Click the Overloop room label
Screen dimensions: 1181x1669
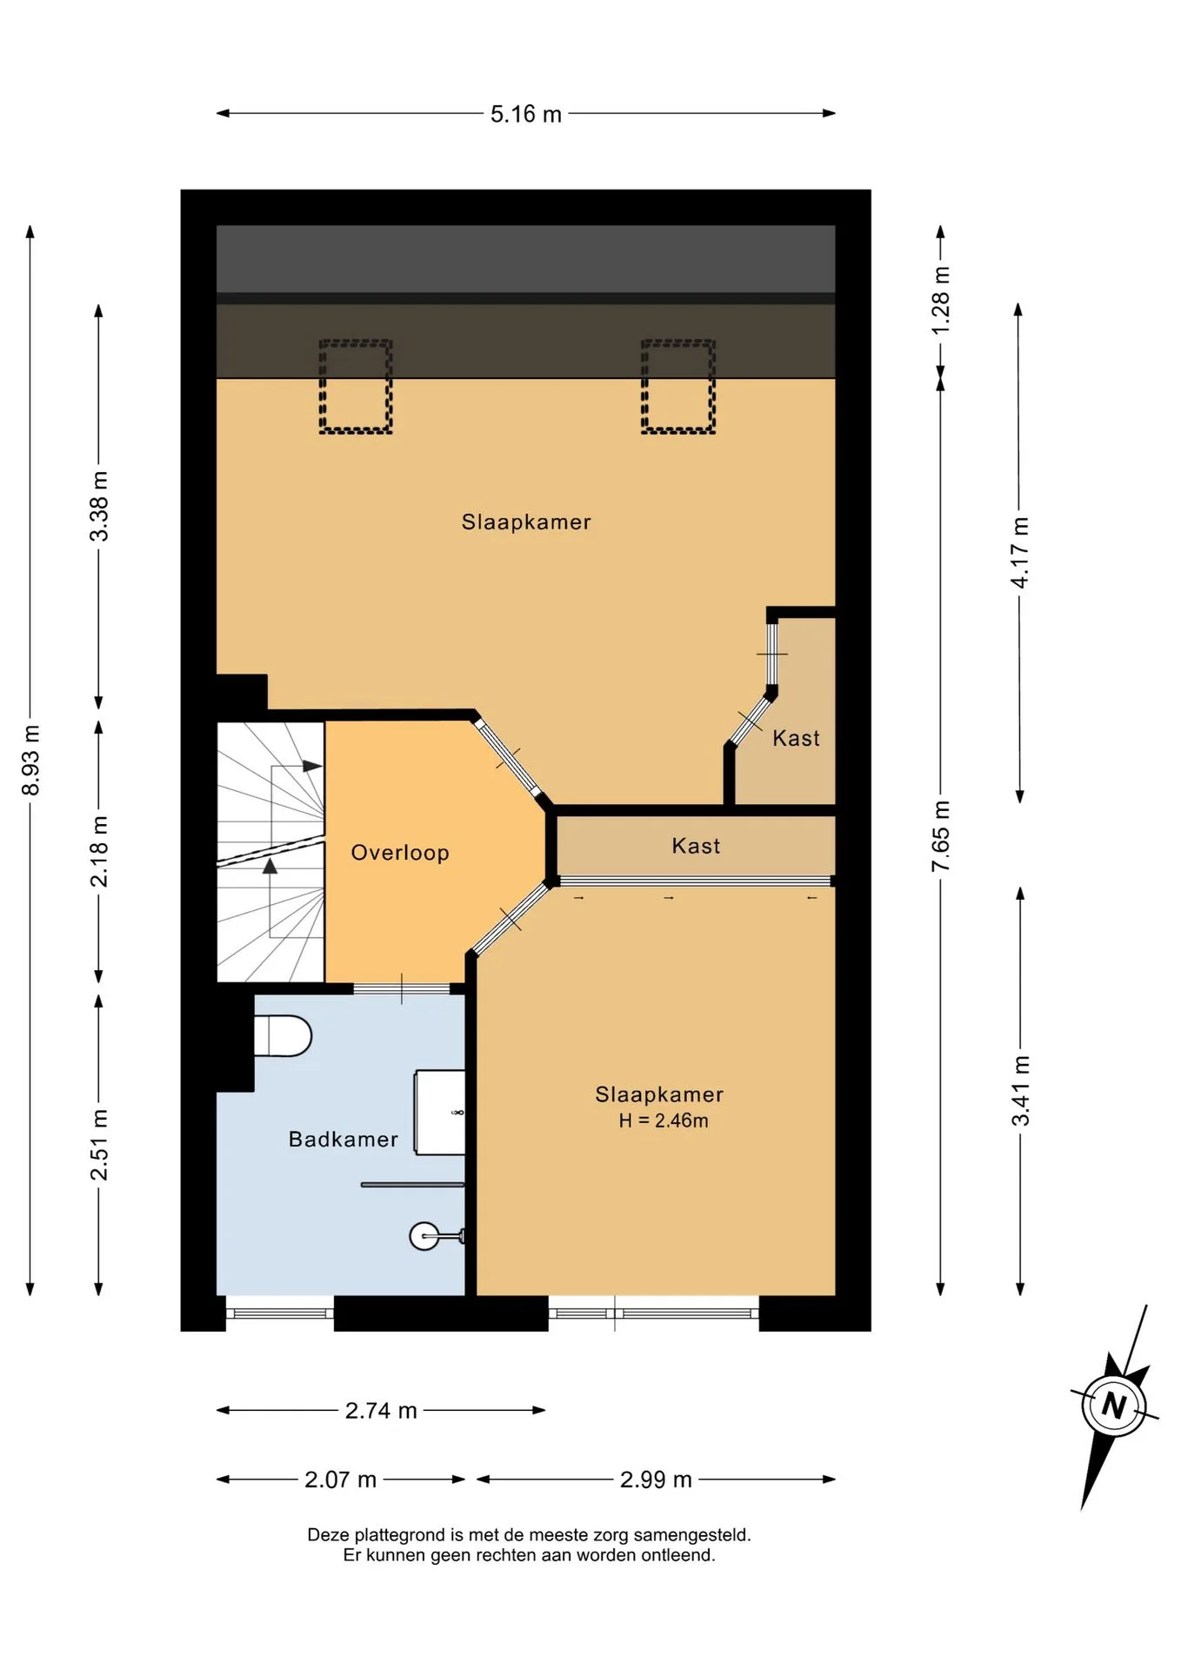click(x=400, y=853)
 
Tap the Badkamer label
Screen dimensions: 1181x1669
click(x=344, y=1140)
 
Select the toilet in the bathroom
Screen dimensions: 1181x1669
click(x=283, y=1036)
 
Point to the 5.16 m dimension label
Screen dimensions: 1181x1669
click(x=526, y=115)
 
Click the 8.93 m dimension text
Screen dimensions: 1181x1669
click(x=31, y=760)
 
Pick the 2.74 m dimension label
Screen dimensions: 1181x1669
click(x=381, y=1411)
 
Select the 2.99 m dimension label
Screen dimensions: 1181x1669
click(x=656, y=1479)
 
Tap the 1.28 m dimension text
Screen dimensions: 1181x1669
click(x=941, y=300)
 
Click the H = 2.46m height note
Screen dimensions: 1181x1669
click(x=664, y=1121)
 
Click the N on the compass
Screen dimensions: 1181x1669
click(x=1114, y=1406)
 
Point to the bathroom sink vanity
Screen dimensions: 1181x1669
click(x=439, y=1113)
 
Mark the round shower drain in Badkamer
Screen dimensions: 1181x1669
click(x=424, y=1236)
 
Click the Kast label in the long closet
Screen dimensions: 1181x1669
click(x=696, y=847)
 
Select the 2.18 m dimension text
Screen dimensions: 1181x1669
click(x=100, y=852)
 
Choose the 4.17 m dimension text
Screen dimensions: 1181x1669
click(x=1020, y=553)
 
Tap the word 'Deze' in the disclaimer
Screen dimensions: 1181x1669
click(x=327, y=1535)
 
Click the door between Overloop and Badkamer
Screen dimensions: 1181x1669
click(x=402, y=988)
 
